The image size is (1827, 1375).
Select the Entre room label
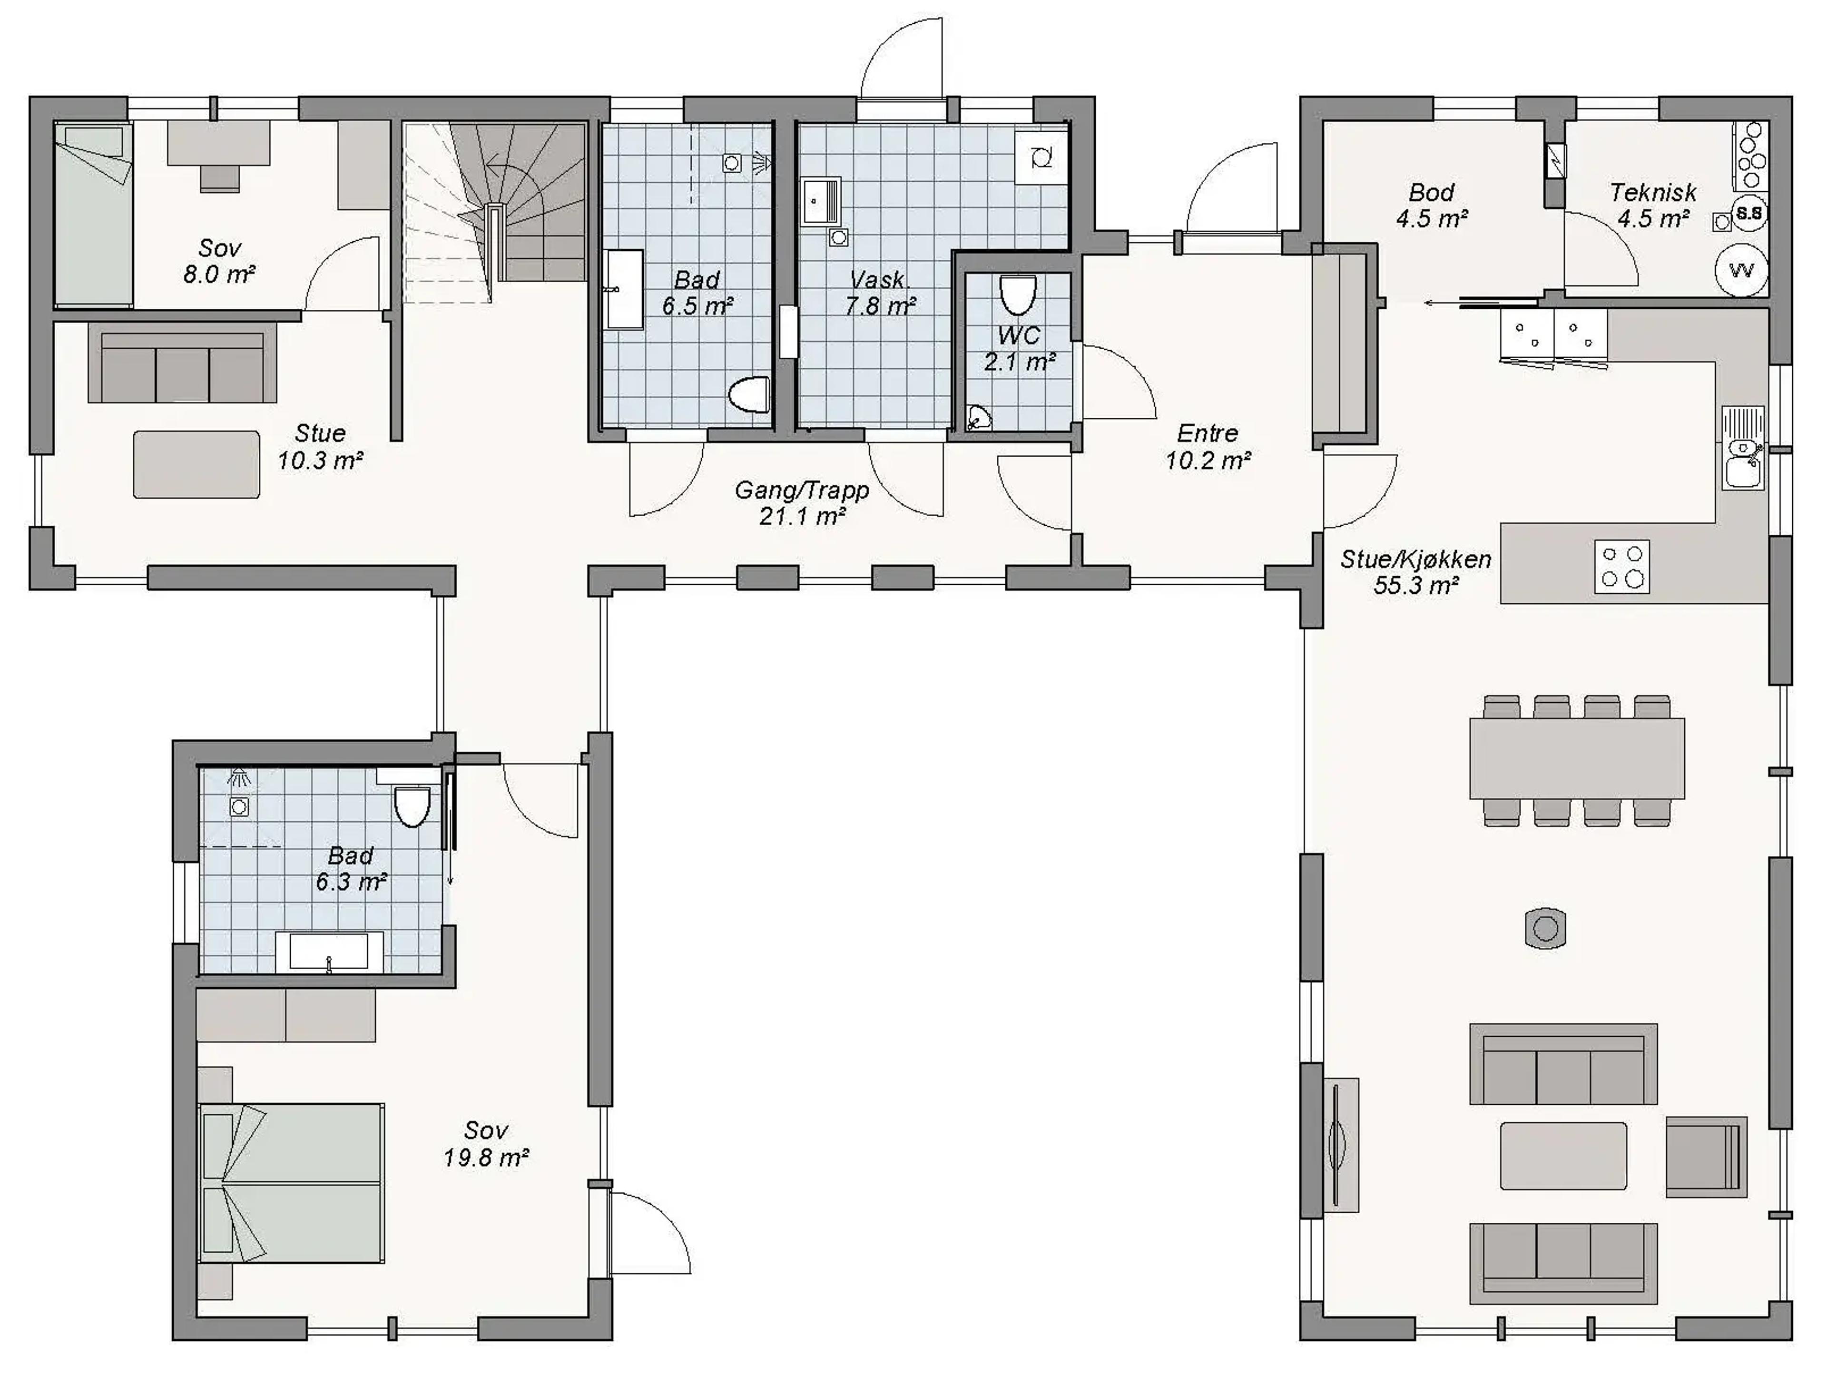[x=1208, y=433]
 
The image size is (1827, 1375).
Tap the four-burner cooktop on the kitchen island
[x=1622, y=567]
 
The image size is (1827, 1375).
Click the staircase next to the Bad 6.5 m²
[x=494, y=213]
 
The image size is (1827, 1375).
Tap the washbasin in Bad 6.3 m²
[x=329, y=952]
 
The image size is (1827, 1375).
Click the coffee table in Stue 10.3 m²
[x=196, y=464]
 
